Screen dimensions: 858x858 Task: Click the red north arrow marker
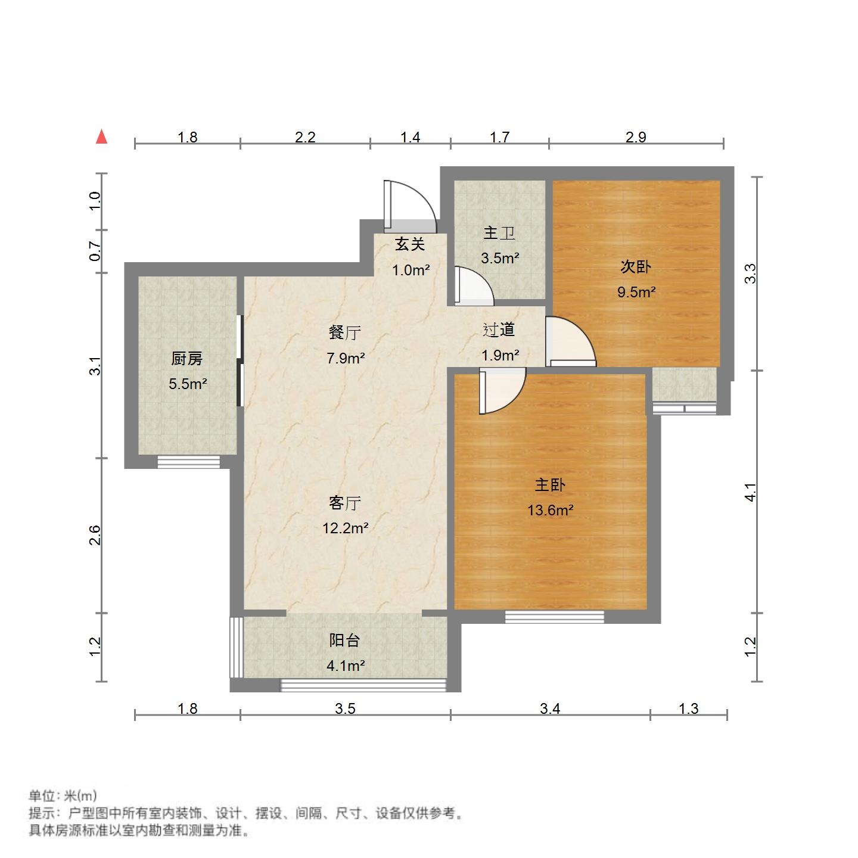tap(102, 137)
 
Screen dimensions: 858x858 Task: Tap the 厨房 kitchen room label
tap(187, 359)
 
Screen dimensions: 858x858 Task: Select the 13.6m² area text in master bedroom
tap(550, 510)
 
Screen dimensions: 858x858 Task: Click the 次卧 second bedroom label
tap(636, 267)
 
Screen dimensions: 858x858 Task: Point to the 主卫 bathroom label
tap(499, 233)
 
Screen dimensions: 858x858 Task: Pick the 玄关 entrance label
tap(411, 244)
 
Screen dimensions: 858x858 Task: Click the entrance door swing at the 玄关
tap(411, 206)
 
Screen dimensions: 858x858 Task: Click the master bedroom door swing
tap(502, 390)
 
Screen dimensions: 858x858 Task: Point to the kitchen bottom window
tap(188, 462)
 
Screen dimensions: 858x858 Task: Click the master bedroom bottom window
tap(554, 617)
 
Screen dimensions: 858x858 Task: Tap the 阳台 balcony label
tap(345, 641)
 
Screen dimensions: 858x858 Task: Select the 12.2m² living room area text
tap(345, 528)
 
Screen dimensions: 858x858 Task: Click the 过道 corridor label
tap(499, 329)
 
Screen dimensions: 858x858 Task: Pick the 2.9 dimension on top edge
tap(636, 137)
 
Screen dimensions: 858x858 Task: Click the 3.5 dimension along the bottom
tap(345, 708)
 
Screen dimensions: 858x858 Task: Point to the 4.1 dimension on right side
tap(751, 492)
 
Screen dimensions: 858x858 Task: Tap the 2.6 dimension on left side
tap(95, 535)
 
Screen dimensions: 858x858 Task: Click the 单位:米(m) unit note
tap(63, 796)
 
